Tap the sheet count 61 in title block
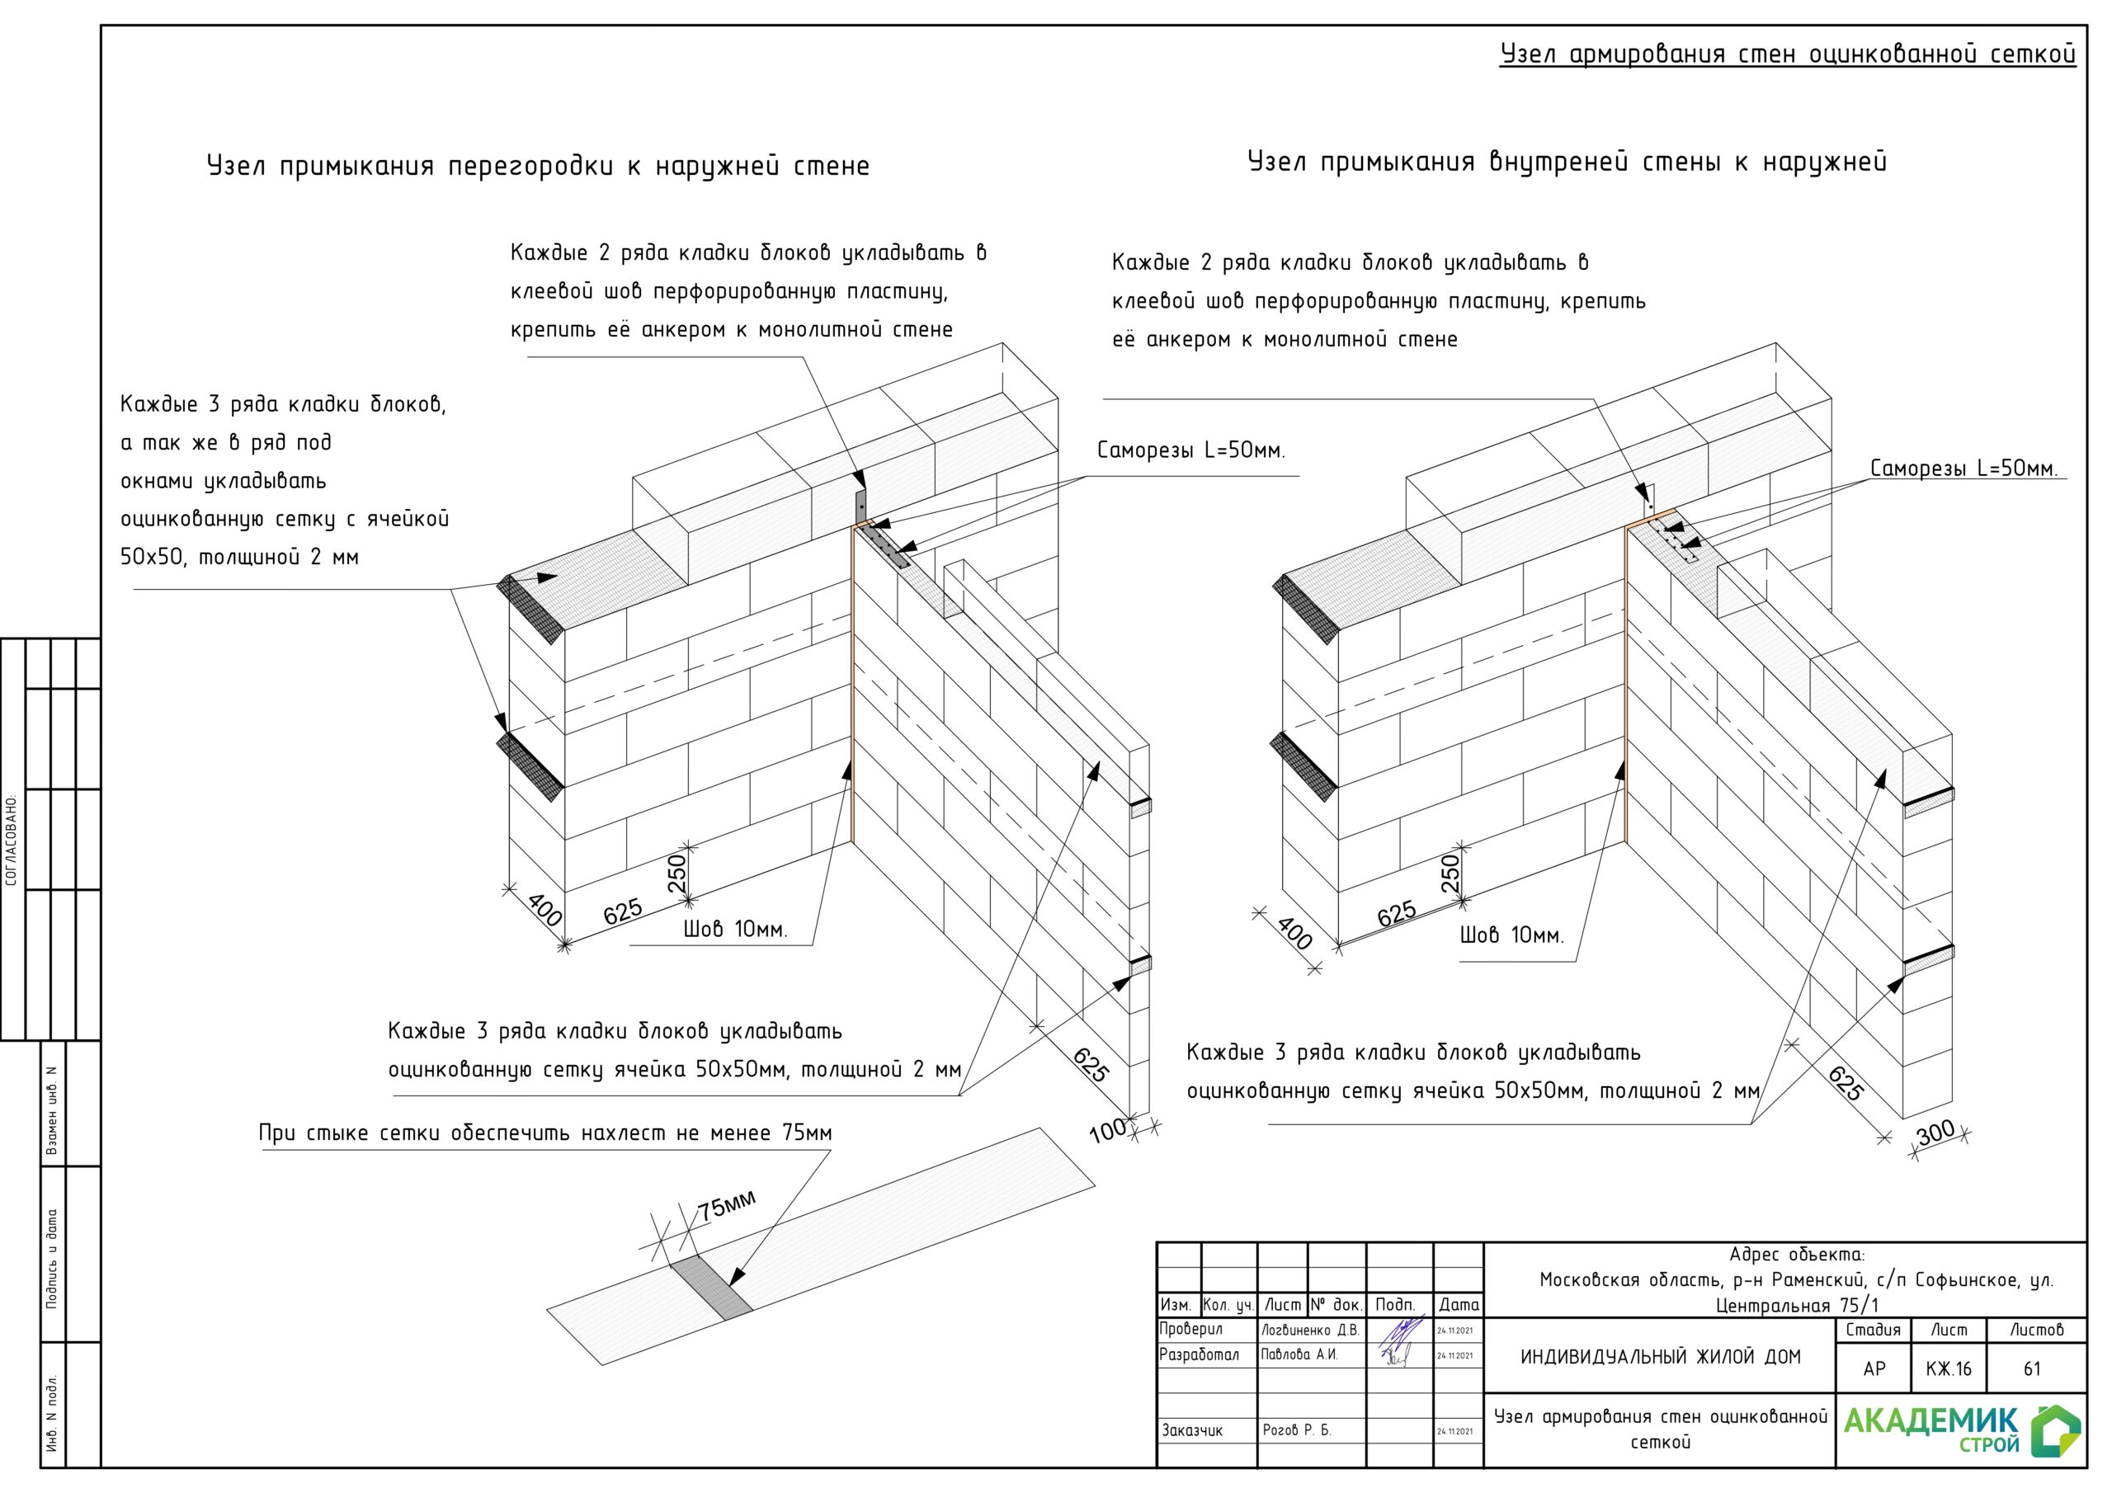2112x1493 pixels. (2032, 1368)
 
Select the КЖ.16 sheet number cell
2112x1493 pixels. (1949, 1368)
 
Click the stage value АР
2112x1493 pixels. (1874, 1368)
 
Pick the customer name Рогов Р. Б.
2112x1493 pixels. (1296, 1430)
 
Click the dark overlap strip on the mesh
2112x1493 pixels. (711, 1288)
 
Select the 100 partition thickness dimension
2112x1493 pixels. (1107, 1129)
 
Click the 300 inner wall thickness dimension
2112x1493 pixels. (1935, 1133)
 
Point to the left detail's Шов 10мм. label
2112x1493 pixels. (735, 930)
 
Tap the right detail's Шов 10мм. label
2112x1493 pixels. (1511, 936)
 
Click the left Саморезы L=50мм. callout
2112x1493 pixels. (1190, 450)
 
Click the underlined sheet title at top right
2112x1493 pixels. (1787, 54)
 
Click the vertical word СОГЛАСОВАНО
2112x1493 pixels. (12, 840)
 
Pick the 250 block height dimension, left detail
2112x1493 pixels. (677, 873)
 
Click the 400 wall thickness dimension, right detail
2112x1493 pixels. (1294, 934)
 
